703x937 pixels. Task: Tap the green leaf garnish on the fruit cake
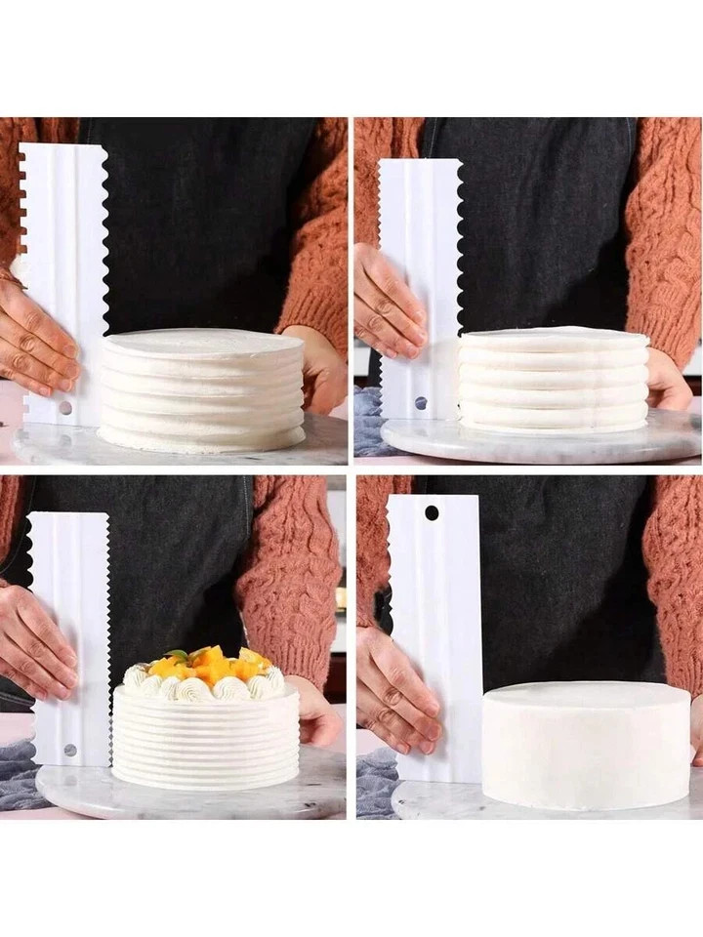[178, 655]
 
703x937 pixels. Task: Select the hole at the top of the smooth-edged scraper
[431, 512]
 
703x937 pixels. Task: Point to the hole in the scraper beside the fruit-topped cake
[69, 750]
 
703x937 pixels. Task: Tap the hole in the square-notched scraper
[64, 407]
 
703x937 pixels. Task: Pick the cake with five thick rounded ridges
[554, 381]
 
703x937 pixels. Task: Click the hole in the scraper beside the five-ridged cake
[420, 402]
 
